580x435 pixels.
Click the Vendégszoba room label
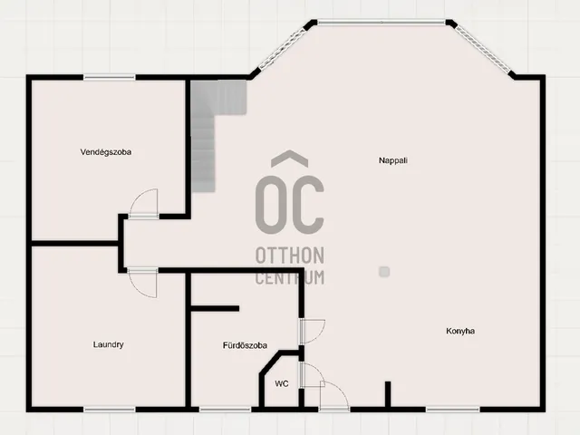(x=106, y=152)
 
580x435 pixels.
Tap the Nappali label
(x=393, y=160)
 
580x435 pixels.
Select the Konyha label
(x=460, y=331)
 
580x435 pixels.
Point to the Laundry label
(x=108, y=344)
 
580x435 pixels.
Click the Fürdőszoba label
(x=245, y=345)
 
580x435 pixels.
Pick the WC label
(x=282, y=384)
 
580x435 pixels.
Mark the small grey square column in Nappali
(x=384, y=272)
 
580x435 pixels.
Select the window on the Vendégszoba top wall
(x=109, y=77)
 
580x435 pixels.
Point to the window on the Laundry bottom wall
(x=109, y=410)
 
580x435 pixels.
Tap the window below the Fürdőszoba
(x=225, y=410)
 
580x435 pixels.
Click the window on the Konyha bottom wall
(x=452, y=410)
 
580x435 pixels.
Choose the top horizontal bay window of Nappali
(x=382, y=23)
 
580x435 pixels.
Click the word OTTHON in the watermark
(x=290, y=256)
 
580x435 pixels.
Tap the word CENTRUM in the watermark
(x=290, y=277)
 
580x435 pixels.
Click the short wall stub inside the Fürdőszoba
(x=215, y=308)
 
